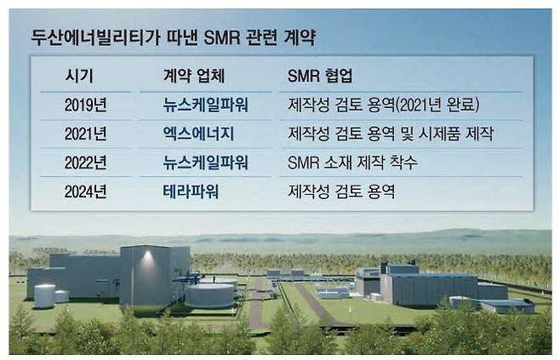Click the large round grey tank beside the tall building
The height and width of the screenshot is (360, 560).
click(209, 294)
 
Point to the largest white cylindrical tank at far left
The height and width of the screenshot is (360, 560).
click(44, 295)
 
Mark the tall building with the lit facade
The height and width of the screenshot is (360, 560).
click(149, 274)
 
